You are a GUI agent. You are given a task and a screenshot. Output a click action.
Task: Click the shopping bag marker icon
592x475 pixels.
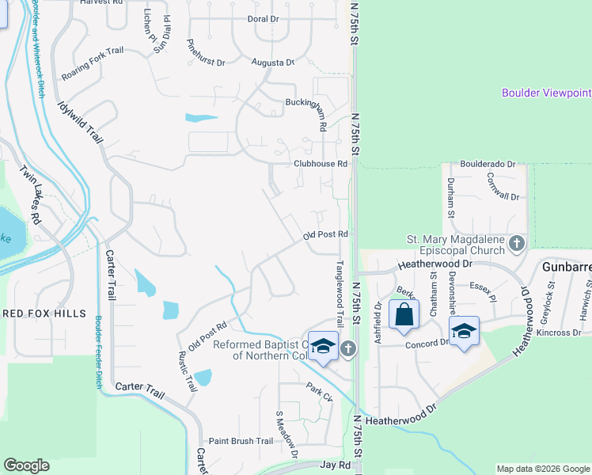404,314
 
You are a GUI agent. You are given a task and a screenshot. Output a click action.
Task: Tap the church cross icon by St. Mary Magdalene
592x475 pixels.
517,243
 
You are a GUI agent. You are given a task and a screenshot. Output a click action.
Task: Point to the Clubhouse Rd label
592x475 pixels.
321,164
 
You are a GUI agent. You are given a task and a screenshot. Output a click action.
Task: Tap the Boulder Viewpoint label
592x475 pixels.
546,93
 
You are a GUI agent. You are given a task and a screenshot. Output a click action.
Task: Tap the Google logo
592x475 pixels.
26,465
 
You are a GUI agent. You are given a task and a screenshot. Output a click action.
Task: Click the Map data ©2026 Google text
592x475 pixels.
543,469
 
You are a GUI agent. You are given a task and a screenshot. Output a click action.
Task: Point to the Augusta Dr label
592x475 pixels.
272,62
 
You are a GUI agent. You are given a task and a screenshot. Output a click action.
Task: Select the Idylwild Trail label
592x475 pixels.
81,120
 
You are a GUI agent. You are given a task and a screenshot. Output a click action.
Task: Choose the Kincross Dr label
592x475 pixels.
559,332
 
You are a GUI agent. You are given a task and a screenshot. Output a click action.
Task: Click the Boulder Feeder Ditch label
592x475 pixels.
99,352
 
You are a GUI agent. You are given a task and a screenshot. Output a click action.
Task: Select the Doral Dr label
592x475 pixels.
263,18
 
